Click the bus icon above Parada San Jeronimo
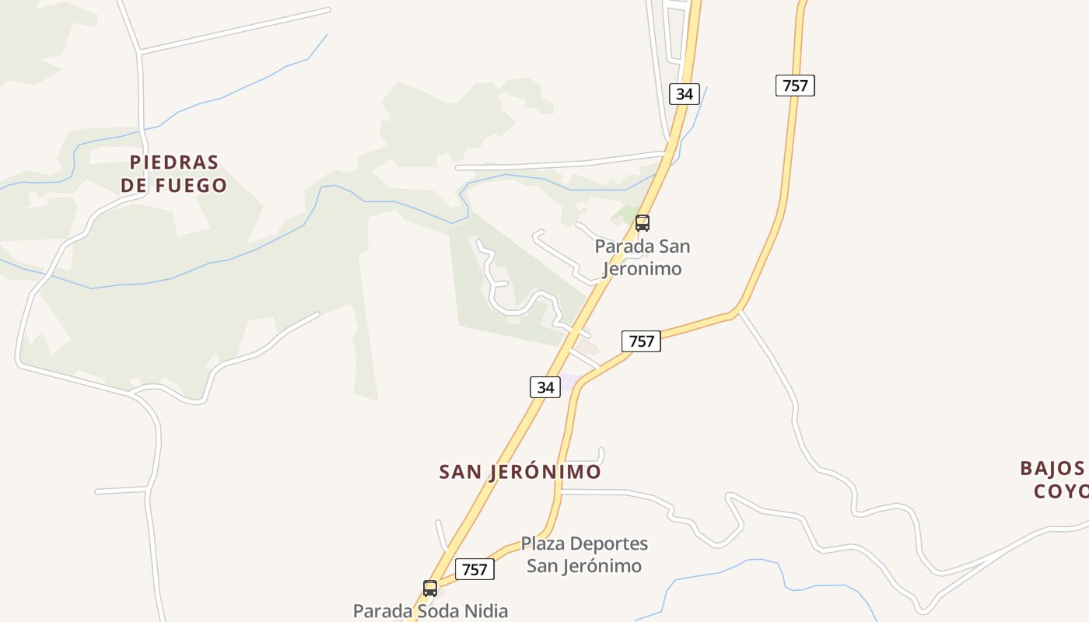click(643, 223)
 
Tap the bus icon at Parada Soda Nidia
click(430, 589)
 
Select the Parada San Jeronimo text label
click(643, 257)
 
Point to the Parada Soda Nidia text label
click(430, 611)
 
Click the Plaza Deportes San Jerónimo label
click(584, 554)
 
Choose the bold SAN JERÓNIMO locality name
click(520, 472)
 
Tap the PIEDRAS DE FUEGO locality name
click(174, 173)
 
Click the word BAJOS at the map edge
click(1052, 468)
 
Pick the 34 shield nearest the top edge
click(684, 94)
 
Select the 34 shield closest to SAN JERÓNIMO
click(545, 386)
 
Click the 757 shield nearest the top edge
click(795, 86)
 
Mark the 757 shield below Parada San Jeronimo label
click(641, 341)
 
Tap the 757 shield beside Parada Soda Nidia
click(474, 569)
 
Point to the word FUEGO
click(191, 185)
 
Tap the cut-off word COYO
click(1061, 491)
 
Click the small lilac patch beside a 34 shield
click(570, 382)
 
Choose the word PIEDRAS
click(174, 162)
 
